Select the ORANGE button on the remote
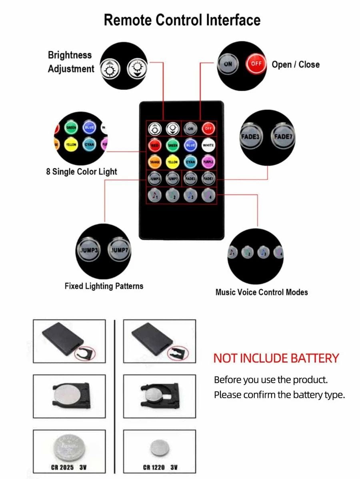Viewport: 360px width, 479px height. point(154,162)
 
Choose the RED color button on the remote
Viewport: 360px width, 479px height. point(154,145)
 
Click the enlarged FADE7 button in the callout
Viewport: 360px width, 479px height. point(283,137)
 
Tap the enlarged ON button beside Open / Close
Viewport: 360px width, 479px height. point(228,64)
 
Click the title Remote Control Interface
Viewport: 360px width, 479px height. point(182,20)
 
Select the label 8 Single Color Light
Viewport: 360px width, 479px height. point(82,172)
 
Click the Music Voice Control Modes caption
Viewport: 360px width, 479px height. point(262,292)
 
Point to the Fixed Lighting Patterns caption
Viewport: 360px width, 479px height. point(104,286)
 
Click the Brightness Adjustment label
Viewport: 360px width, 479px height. point(71,62)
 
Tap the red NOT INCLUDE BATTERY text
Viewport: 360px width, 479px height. point(276,358)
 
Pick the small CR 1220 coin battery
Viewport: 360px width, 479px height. point(160,448)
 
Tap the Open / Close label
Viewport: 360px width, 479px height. point(296,64)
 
